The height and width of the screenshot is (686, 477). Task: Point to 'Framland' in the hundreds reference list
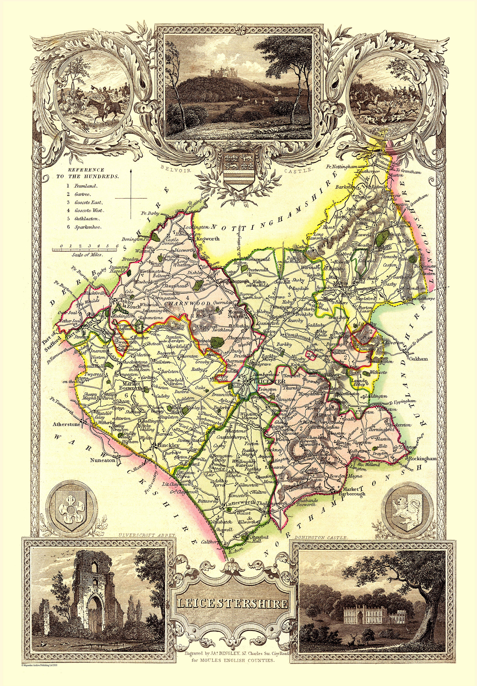click(x=86, y=186)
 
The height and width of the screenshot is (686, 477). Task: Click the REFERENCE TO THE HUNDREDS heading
click(x=88, y=173)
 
